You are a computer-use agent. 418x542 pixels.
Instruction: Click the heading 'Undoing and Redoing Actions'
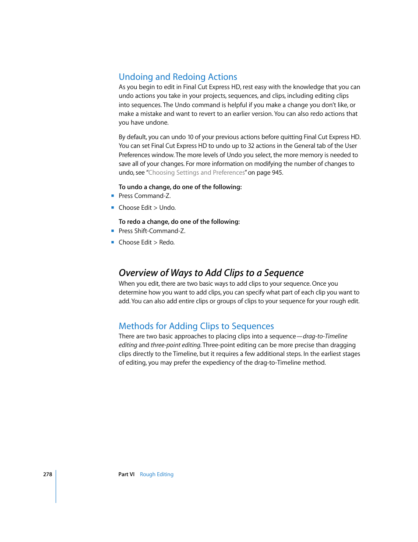pyautogui.click(x=178, y=77)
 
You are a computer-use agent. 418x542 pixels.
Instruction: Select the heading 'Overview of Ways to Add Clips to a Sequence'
pyautogui.click(x=211, y=273)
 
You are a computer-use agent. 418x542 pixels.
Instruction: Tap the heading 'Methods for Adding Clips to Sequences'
pyautogui.click(x=196, y=326)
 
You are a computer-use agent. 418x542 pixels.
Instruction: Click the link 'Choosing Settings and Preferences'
pyautogui.click(x=196, y=173)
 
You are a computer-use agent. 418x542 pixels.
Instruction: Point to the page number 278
pyautogui.click(x=47, y=474)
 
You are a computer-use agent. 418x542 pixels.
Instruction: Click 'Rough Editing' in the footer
pyautogui.click(x=156, y=474)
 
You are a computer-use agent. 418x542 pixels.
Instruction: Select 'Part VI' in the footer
pyautogui.click(x=126, y=474)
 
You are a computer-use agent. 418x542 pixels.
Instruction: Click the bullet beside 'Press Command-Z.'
pyautogui.click(x=113, y=196)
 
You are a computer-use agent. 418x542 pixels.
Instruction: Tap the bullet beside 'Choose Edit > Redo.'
pyautogui.click(x=113, y=242)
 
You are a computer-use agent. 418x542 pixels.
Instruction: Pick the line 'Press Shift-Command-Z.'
pyautogui.click(x=152, y=231)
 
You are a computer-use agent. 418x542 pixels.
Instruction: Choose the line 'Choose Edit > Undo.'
pyautogui.click(x=147, y=208)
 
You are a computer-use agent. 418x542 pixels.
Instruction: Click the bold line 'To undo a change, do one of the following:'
pyautogui.click(x=180, y=187)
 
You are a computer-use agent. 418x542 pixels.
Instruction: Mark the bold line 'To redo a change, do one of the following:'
pyautogui.click(x=179, y=222)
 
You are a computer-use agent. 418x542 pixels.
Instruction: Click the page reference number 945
pyautogui.click(x=277, y=173)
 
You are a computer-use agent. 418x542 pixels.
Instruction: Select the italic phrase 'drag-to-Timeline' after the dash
pyautogui.click(x=325, y=337)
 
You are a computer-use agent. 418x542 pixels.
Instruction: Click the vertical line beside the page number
pyautogui.click(x=56, y=486)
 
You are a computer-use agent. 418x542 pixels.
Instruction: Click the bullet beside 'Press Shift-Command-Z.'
pyautogui.click(x=113, y=231)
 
